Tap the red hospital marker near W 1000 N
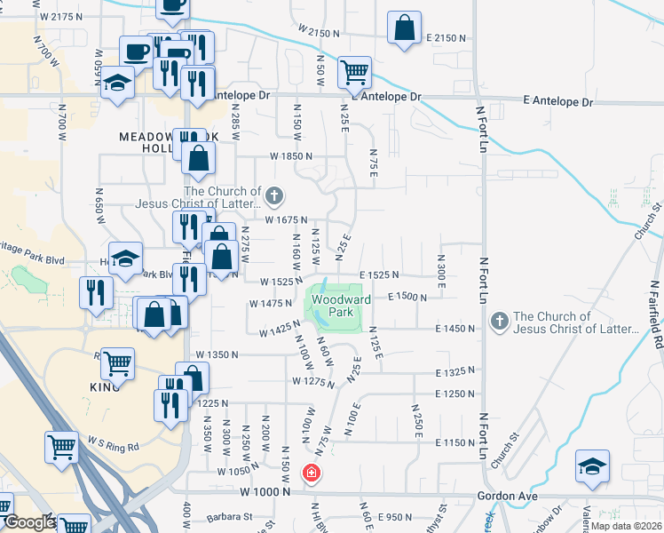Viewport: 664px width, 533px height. (x=312, y=473)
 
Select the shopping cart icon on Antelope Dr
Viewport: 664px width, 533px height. (x=354, y=72)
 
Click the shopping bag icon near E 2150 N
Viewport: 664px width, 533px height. (x=404, y=28)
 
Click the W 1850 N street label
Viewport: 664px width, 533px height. (x=292, y=155)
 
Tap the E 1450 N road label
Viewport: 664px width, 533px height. (x=455, y=329)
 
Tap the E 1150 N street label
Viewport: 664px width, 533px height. (x=455, y=442)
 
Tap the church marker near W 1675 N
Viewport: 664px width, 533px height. (x=275, y=195)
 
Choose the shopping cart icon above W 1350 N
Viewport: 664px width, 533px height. (x=117, y=363)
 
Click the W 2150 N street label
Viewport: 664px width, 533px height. (x=319, y=33)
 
